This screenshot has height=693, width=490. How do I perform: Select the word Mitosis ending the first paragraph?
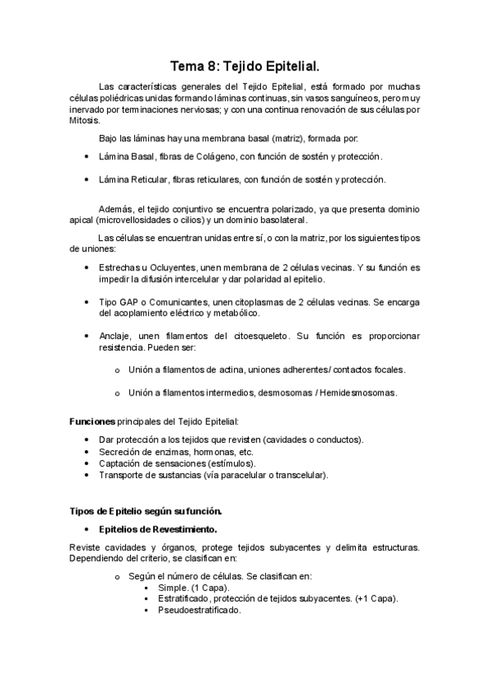click(82, 120)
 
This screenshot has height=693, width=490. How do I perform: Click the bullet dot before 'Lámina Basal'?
click(88, 155)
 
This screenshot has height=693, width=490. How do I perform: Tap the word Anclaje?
click(115, 336)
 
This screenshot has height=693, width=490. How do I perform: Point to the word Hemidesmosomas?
click(357, 392)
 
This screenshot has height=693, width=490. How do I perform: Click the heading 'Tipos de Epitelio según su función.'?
click(146, 511)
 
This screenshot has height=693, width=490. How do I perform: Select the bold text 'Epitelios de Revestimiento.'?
click(157, 529)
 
